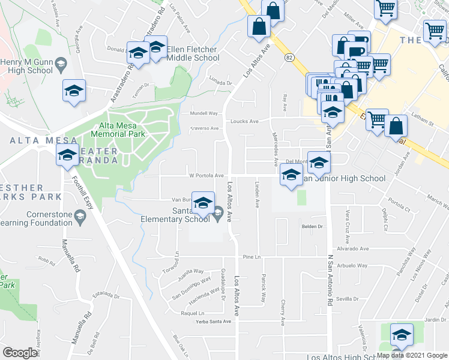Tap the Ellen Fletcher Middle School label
pos(193,53)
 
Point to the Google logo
pos(20,353)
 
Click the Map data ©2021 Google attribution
pos(412,355)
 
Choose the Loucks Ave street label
pos(245,121)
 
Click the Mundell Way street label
pos(203,113)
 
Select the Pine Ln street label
pos(252,257)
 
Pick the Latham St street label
pos(423,121)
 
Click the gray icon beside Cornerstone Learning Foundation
pos(79,215)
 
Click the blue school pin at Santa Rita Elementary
pos(203,204)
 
